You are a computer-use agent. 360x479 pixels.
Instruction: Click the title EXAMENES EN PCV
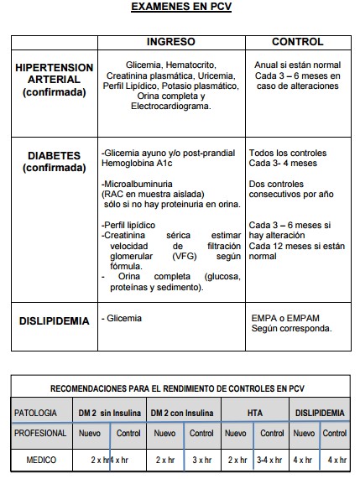(x=181, y=8)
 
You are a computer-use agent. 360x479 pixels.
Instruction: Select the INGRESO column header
(x=170, y=42)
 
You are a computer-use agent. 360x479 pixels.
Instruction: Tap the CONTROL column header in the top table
(x=297, y=42)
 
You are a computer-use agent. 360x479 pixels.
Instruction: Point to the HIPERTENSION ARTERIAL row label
(x=54, y=80)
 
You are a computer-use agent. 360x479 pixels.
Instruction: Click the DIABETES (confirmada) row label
(x=54, y=161)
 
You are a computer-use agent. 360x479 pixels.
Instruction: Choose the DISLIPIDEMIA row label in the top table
(x=55, y=321)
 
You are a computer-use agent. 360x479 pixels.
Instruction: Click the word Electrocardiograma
(x=170, y=107)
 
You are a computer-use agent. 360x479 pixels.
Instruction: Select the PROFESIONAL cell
(x=41, y=434)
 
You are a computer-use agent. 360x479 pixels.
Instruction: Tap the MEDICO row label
(x=41, y=460)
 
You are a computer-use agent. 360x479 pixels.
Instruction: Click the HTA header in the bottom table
(x=255, y=413)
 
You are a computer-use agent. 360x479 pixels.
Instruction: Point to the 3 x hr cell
(x=201, y=460)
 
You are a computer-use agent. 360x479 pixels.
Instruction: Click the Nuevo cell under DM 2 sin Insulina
(x=90, y=434)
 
